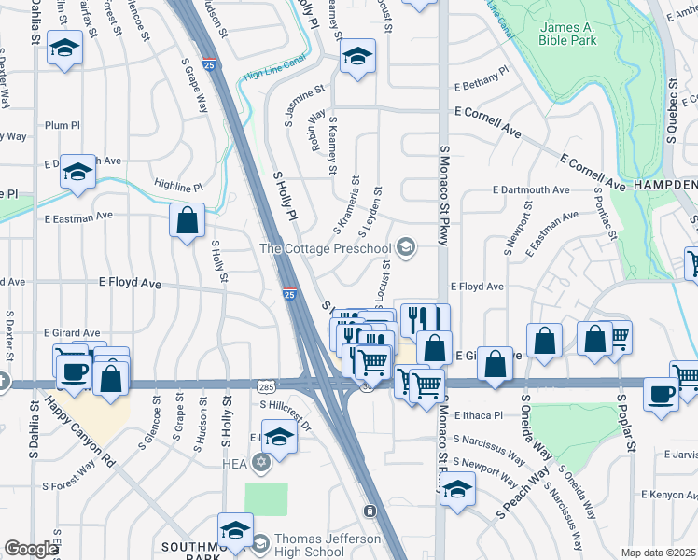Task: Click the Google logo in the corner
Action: [31, 549]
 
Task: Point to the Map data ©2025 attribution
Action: [659, 553]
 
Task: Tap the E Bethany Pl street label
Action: [482, 70]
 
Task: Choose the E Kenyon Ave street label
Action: [669, 494]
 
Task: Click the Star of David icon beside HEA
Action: [261, 462]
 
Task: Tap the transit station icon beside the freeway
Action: [370, 511]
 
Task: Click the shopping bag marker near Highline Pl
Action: [188, 221]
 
